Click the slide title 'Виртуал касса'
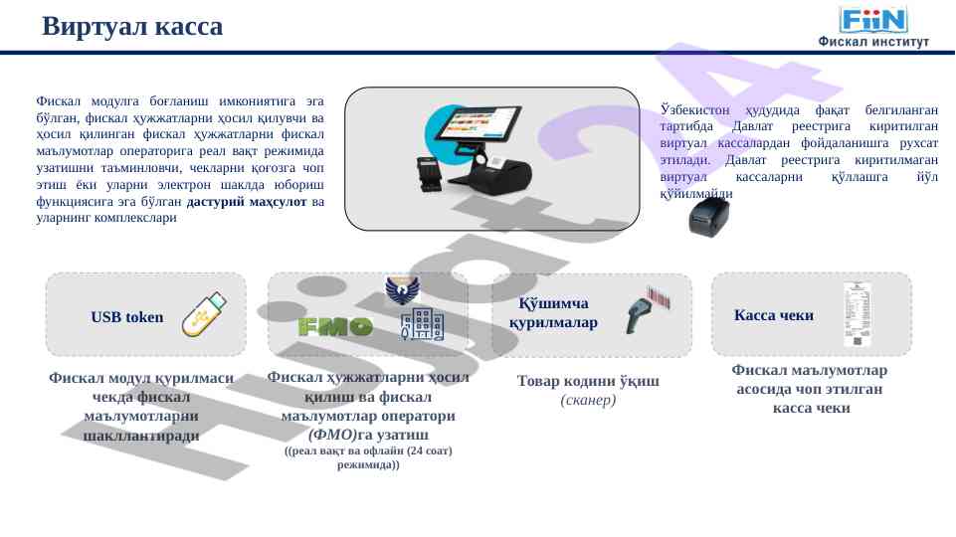pyautogui.click(x=132, y=27)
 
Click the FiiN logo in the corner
pyautogui.click(x=873, y=19)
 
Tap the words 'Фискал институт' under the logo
pyautogui.click(x=872, y=42)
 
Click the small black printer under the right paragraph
pyautogui.click(x=709, y=215)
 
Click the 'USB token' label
pyautogui.click(x=126, y=318)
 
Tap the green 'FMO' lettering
pyautogui.click(x=335, y=326)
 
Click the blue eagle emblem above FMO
pyautogui.click(x=402, y=289)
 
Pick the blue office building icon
pyautogui.click(x=421, y=325)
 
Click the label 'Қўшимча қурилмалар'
pyautogui.click(x=554, y=313)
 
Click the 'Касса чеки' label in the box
pyautogui.click(x=773, y=316)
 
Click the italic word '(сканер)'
pyautogui.click(x=589, y=401)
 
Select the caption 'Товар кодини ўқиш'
pyautogui.click(x=588, y=382)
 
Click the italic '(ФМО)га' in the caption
pyautogui.click(x=340, y=435)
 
